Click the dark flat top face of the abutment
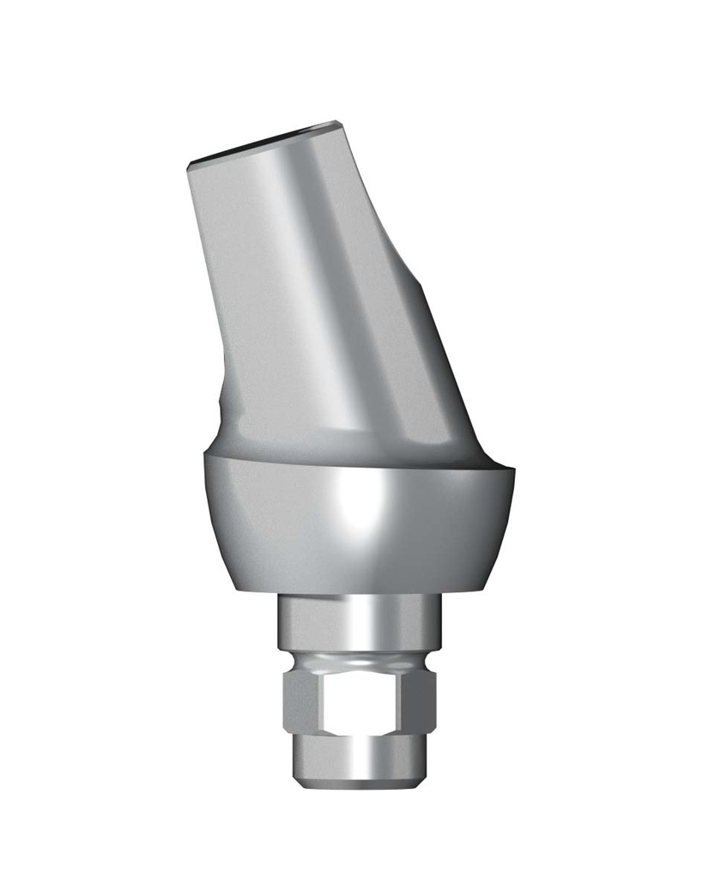click(x=258, y=142)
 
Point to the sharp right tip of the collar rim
click(x=513, y=469)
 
